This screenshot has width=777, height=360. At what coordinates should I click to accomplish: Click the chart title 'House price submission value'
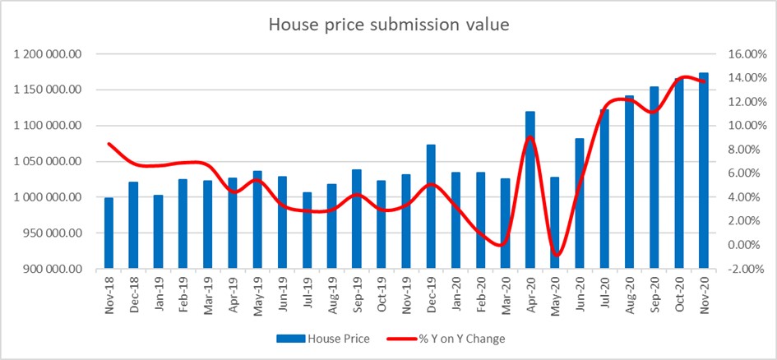click(x=389, y=25)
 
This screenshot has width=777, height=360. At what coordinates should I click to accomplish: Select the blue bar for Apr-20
click(x=530, y=190)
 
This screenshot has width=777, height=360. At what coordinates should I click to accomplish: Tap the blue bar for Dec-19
click(x=431, y=206)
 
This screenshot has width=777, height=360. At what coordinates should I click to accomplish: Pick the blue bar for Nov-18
click(x=109, y=233)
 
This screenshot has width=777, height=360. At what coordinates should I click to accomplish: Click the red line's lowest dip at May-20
click(x=557, y=255)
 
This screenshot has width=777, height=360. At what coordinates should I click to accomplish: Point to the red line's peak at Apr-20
click(x=531, y=136)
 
